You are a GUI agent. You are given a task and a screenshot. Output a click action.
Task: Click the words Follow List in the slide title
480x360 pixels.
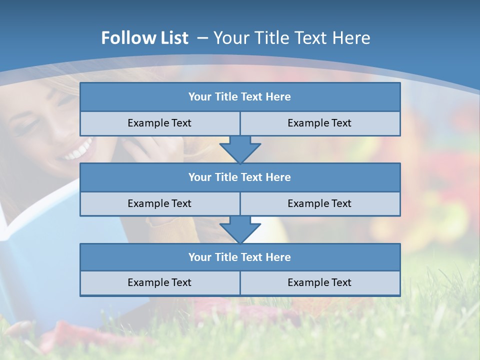[144, 38]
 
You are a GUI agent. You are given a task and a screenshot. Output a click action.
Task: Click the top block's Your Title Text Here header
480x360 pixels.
[239, 97]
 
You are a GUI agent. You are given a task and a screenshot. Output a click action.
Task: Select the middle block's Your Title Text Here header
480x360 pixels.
[239, 177]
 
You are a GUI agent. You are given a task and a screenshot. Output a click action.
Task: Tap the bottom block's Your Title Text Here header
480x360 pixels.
[239, 257]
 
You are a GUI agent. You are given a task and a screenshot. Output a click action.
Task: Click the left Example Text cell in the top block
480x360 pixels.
[159, 123]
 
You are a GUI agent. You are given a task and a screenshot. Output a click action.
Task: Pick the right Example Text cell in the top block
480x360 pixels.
[319, 123]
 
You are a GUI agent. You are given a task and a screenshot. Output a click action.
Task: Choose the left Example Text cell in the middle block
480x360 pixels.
[159, 203]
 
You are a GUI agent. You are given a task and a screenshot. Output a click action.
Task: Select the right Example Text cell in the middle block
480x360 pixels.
[319, 203]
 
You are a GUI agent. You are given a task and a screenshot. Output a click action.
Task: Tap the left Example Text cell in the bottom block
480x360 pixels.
[159, 282]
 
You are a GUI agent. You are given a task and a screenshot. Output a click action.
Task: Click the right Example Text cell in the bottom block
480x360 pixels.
[319, 282]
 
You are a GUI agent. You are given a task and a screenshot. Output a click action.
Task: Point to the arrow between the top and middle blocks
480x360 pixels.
[240, 149]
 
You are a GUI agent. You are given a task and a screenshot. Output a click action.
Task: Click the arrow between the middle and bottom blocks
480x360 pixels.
[240, 229]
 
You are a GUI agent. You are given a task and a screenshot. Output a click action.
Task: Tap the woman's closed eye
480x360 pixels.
[24, 128]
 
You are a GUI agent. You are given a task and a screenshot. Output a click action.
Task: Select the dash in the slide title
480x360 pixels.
[202, 38]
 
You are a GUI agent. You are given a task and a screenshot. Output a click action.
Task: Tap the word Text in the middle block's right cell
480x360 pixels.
[340, 203]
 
